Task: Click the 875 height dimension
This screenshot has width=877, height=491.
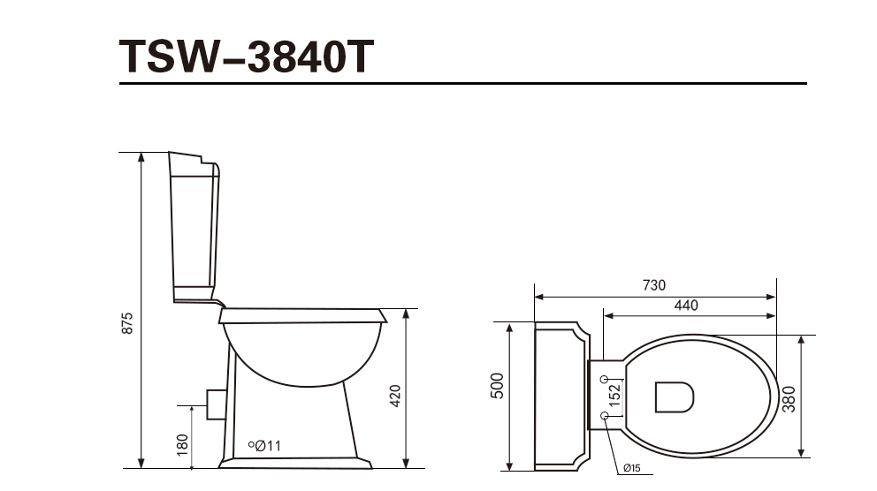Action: pyautogui.click(x=127, y=323)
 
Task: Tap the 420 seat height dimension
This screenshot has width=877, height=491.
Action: pyautogui.click(x=395, y=396)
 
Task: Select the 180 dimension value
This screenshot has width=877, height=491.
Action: pyautogui.click(x=182, y=445)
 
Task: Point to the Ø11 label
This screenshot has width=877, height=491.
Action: pyautogui.click(x=268, y=446)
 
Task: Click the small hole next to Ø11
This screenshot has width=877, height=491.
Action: pyautogui.click(x=251, y=444)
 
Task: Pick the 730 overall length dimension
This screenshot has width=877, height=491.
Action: pyautogui.click(x=654, y=285)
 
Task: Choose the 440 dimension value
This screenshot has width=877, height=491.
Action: pyautogui.click(x=686, y=306)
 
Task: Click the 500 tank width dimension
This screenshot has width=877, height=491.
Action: pyautogui.click(x=497, y=385)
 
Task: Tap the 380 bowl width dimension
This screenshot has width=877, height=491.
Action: pyautogui.click(x=789, y=399)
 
